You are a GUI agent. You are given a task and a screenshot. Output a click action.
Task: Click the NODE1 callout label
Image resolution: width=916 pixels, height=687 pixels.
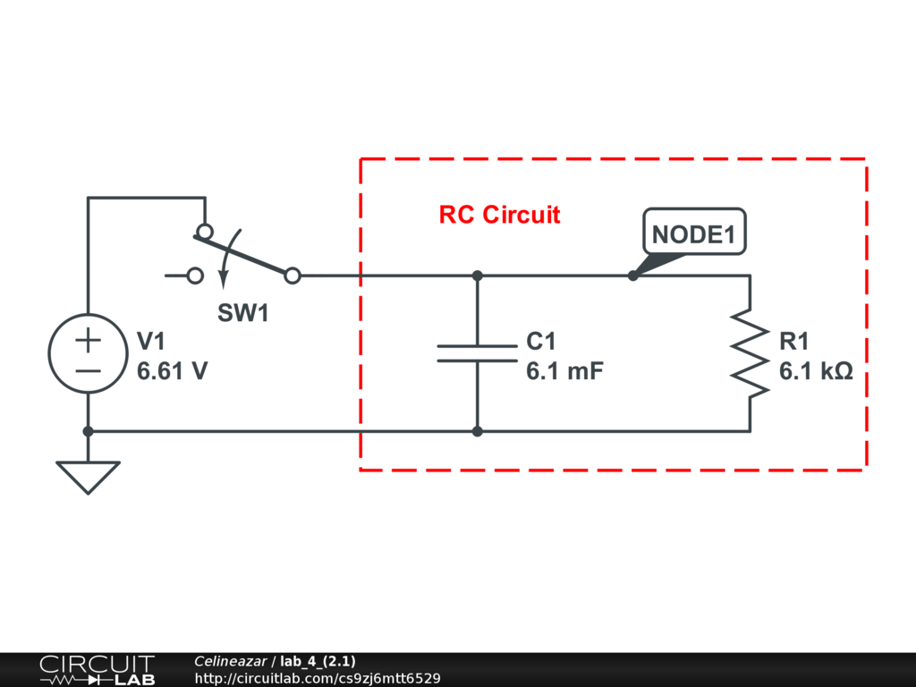pos(694,234)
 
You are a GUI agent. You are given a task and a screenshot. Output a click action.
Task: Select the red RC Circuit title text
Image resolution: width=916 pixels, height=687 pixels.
pos(499,215)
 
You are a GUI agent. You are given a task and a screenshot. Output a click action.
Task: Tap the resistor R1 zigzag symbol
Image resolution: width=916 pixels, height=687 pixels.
pos(750,352)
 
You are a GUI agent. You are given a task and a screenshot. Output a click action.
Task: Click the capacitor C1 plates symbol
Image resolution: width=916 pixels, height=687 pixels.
pos(477,353)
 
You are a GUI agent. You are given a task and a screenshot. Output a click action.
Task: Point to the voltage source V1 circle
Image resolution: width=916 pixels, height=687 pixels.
pos(88,353)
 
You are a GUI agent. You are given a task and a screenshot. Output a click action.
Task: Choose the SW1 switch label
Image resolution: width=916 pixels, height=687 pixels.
pos(243,313)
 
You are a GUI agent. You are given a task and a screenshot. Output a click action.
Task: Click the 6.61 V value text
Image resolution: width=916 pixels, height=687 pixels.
pos(172,370)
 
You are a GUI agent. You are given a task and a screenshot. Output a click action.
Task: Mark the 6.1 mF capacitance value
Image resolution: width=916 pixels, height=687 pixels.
pos(564,370)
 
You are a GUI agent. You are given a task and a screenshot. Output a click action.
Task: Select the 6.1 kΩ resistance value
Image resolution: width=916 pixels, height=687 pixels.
pos(816,370)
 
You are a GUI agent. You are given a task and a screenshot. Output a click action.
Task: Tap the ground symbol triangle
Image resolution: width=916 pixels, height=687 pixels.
pos(88,476)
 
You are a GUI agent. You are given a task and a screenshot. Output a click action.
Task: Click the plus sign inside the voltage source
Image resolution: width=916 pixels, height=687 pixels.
pos(88,340)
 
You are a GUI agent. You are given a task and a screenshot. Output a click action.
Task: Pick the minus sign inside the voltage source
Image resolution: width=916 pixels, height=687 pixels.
pos(88,369)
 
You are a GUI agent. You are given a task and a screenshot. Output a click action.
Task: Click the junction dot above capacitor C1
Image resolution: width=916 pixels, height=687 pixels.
pos(477,276)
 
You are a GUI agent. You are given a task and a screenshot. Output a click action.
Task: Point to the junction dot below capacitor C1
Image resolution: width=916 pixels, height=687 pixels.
pos(477,431)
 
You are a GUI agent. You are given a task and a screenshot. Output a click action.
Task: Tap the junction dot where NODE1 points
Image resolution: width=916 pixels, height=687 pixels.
pos(633,276)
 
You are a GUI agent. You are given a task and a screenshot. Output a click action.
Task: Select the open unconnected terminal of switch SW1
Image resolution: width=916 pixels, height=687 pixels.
pos(195,276)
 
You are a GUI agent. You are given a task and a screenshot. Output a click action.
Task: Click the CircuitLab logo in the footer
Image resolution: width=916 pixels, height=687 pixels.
pos(97,670)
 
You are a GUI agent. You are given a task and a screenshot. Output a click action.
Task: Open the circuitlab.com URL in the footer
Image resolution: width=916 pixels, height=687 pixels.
pos(317,679)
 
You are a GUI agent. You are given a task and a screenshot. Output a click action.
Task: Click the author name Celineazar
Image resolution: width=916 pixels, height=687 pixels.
pos(230,662)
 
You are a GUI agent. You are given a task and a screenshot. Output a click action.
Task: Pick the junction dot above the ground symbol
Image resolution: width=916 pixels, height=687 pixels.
pos(88,431)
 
